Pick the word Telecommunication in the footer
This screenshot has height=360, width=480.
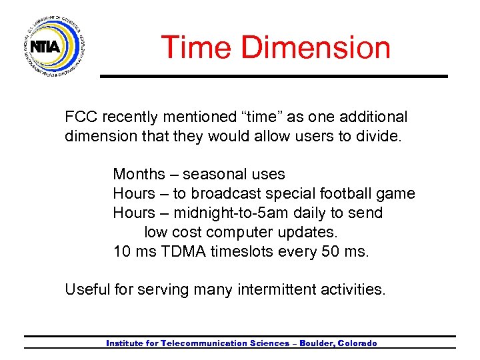click(x=203, y=343)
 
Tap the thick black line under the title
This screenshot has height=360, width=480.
click(x=273, y=76)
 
